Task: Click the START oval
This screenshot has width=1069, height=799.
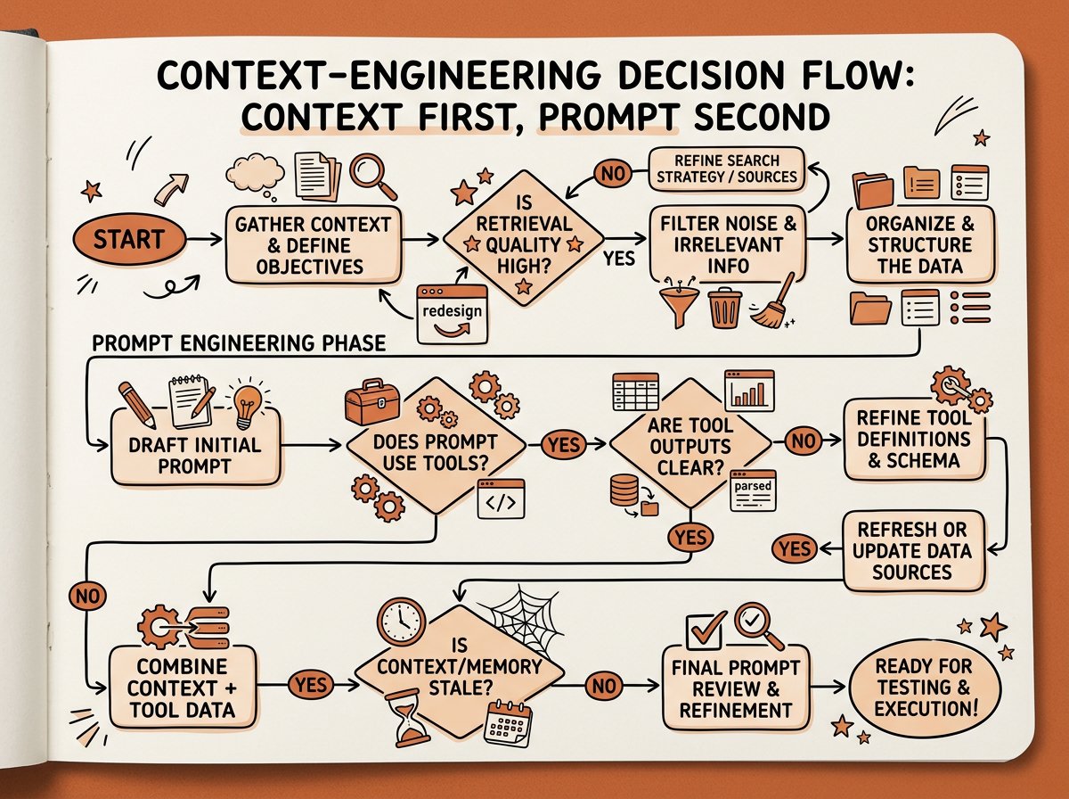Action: click(129, 239)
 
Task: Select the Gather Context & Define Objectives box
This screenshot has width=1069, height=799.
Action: click(314, 245)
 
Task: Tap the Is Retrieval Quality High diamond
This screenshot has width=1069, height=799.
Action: click(524, 239)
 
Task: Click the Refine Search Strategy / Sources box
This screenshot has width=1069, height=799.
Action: click(727, 169)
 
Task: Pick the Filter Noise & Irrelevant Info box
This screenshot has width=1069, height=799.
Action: click(728, 244)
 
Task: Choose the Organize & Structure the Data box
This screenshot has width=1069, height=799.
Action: click(920, 244)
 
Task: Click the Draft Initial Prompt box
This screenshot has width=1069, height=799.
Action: click(196, 448)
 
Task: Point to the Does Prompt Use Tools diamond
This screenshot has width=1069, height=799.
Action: click(436, 446)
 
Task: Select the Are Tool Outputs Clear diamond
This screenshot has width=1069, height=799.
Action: click(690, 445)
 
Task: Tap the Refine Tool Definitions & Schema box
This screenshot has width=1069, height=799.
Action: click(915, 440)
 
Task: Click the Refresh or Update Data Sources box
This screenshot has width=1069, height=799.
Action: click(913, 550)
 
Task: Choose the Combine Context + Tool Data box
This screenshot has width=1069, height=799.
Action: click(182, 688)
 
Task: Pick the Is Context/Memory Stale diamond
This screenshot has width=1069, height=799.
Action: click(460, 675)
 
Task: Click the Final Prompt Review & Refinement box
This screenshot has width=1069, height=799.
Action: click(736, 688)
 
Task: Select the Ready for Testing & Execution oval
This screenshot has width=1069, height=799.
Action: click(925, 688)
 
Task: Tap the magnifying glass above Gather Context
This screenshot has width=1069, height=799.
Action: click(373, 176)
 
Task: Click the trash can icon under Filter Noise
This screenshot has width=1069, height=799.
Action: click(724, 308)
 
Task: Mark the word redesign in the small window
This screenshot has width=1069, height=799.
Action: click(452, 310)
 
